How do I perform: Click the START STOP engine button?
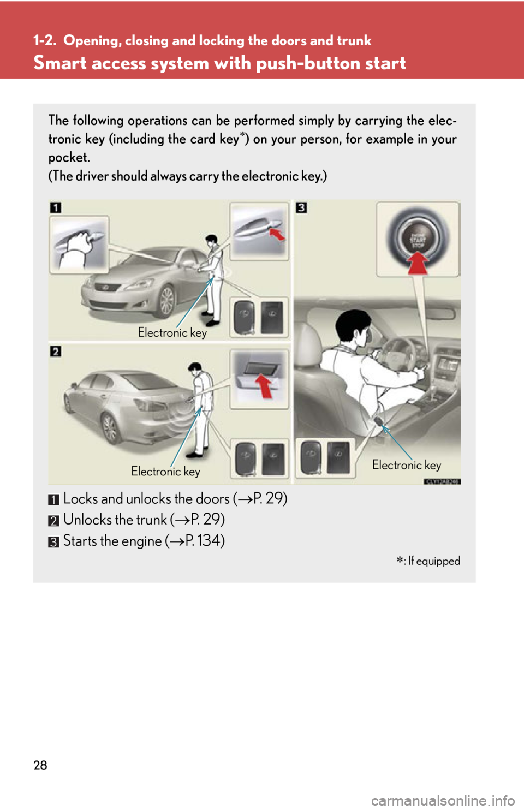pyautogui.click(x=418, y=239)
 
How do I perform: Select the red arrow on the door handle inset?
pyautogui.click(x=278, y=234)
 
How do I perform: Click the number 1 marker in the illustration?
pyautogui.click(x=56, y=207)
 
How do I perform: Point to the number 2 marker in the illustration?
pyautogui.click(x=56, y=351)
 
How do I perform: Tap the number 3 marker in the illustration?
pyautogui.click(x=301, y=207)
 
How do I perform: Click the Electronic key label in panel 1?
pyautogui.click(x=172, y=332)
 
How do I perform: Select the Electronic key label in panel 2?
pyautogui.click(x=165, y=471)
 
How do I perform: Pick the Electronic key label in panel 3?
pyautogui.click(x=407, y=465)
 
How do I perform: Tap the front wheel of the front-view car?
pyautogui.click(x=166, y=301)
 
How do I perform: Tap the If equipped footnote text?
pyautogui.click(x=434, y=561)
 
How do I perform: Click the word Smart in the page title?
pyautogui.click(x=61, y=63)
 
